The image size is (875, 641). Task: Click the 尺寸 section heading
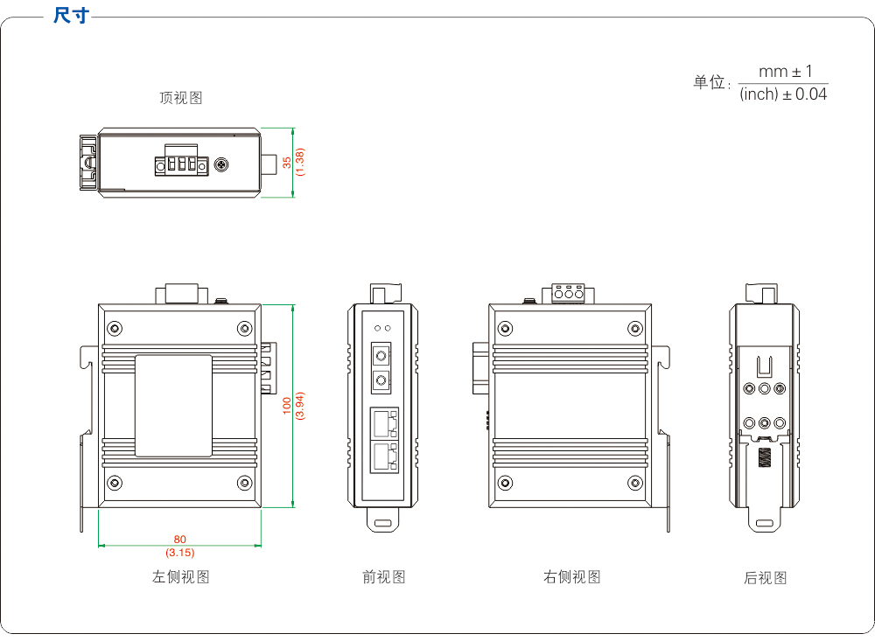70,16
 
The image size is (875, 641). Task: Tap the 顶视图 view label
180,98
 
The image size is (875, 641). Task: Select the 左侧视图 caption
180,577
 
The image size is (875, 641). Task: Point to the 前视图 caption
383,577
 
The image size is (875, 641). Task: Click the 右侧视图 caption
571,577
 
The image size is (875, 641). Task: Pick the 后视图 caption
765,578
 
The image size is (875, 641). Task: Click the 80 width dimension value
180,540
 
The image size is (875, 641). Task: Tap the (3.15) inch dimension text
180,553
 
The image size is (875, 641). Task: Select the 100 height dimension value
287,406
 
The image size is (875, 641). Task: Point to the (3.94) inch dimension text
300,406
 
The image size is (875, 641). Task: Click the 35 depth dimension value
287,163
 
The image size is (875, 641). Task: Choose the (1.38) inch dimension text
300,163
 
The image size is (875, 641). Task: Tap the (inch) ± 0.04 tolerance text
783,94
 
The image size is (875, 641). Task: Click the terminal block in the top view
181,164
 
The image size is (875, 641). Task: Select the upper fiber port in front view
381,356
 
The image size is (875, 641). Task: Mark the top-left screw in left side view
115,329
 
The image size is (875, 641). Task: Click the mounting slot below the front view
383,525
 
